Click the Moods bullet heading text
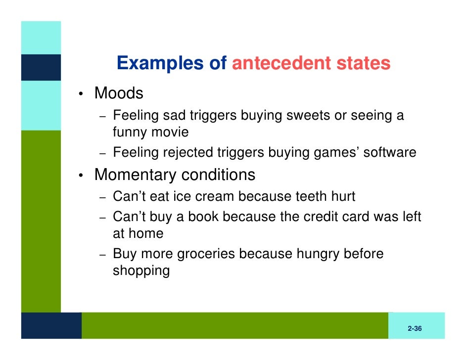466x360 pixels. pos(119,93)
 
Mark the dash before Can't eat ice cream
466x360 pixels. pos(102,198)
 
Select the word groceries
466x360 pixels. pos(206,254)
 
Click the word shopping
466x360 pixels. pos(141,271)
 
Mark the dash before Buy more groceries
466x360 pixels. pos(102,255)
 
